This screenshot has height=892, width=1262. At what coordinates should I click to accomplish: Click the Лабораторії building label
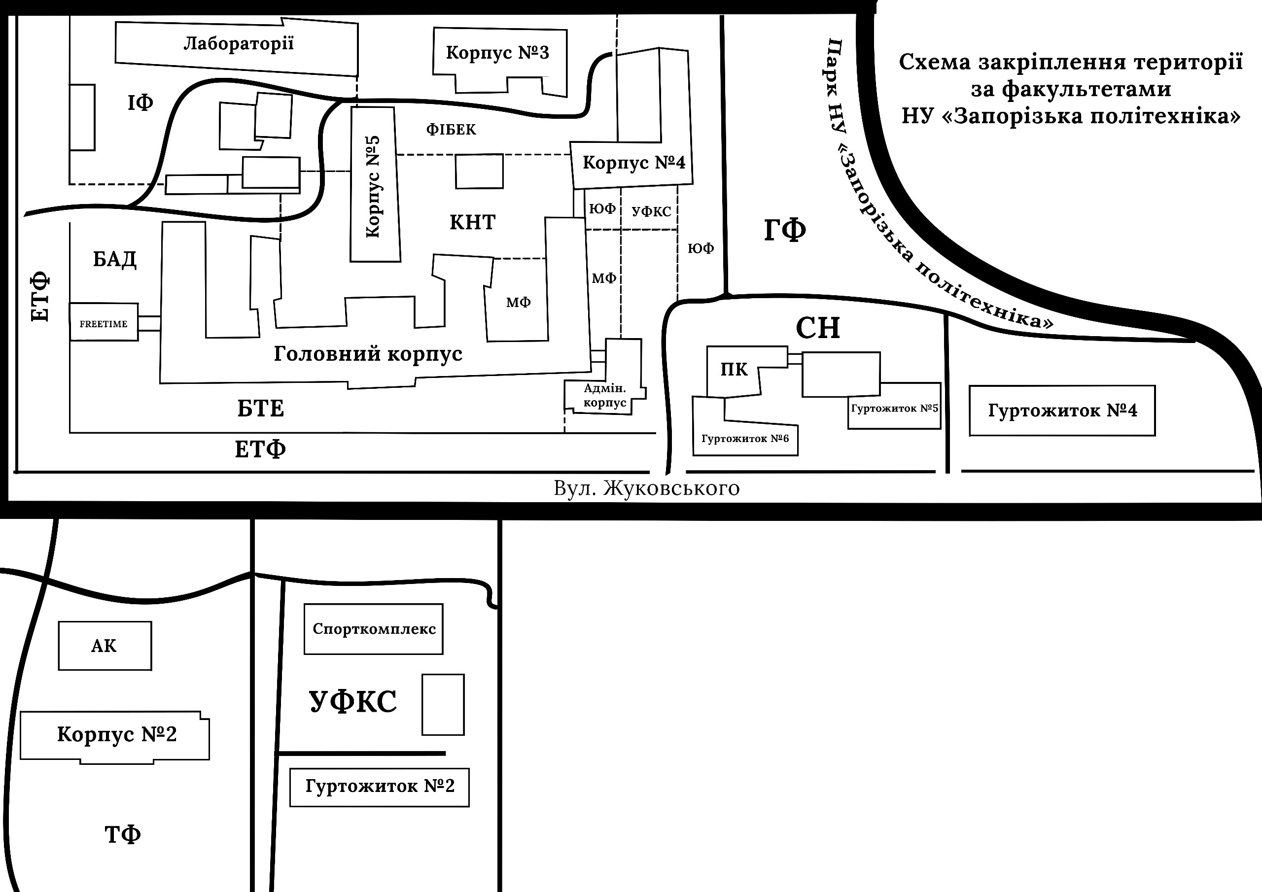[x=239, y=43]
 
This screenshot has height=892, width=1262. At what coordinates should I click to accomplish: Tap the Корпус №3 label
[x=497, y=53]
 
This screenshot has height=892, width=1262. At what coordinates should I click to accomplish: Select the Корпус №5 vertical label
[x=373, y=186]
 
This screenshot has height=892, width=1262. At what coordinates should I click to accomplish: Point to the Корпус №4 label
[x=634, y=163]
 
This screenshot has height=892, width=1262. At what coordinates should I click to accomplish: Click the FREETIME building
[x=104, y=324]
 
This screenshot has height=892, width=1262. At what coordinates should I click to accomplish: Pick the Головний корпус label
[x=368, y=354]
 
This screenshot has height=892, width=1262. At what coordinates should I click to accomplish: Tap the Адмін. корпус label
[x=604, y=396]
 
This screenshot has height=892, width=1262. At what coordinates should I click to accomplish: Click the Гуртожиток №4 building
[x=1062, y=411]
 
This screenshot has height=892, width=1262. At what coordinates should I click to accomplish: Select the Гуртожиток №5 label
[x=894, y=409]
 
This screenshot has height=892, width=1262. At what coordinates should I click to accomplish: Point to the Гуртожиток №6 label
[x=745, y=439]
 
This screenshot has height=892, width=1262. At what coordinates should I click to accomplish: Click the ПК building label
[x=734, y=370]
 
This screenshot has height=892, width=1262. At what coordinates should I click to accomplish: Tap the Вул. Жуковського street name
[x=646, y=488]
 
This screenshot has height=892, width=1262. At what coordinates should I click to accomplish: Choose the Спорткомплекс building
[x=374, y=629]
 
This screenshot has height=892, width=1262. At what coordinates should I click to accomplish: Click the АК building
[x=105, y=646]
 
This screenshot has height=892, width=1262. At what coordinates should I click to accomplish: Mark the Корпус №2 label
[x=116, y=734]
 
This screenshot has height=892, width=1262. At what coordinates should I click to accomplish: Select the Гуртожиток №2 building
[x=380, y=787]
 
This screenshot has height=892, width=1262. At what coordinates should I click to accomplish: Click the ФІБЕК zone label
[x=451, y=130]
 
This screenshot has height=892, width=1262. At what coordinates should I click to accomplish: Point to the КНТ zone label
[x=473, y=223]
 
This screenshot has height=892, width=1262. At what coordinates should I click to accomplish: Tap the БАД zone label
[x=114, y=259]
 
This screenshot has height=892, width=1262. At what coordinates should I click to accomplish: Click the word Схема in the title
[x=934, y=62]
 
